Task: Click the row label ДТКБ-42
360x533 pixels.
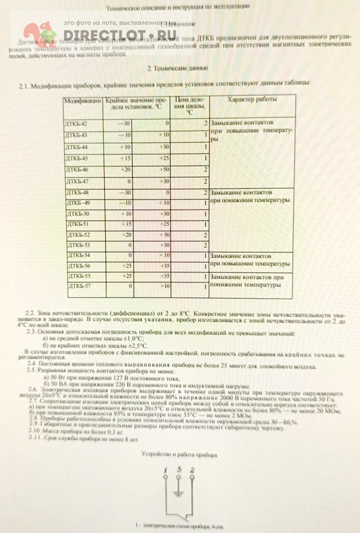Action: pyautogui.click(x=77, y=124)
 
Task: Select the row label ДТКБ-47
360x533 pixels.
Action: pyautogui.click(x=77, y=181)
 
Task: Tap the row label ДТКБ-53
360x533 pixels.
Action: pyautogui.click(x=78, y=245)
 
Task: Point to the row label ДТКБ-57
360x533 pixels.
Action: pyautogui.click(x=79, y=286)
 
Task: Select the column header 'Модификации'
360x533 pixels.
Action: pyautogui.click(x=82, y=100)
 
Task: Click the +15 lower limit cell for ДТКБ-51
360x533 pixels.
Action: pyautogui.click(x=126, y=224)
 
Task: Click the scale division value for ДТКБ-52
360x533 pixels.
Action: pyautogui.click(x=205, y=235)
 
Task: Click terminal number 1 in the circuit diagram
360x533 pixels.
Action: pyautogui.click(x=165, y=469)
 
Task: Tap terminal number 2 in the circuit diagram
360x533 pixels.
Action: pyautogui.click(x=192, y=469)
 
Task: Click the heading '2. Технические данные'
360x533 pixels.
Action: pyautogui.click(x=177, y=68)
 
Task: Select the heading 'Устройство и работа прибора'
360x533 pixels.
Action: pyautogui.click(x=179, y=454)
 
